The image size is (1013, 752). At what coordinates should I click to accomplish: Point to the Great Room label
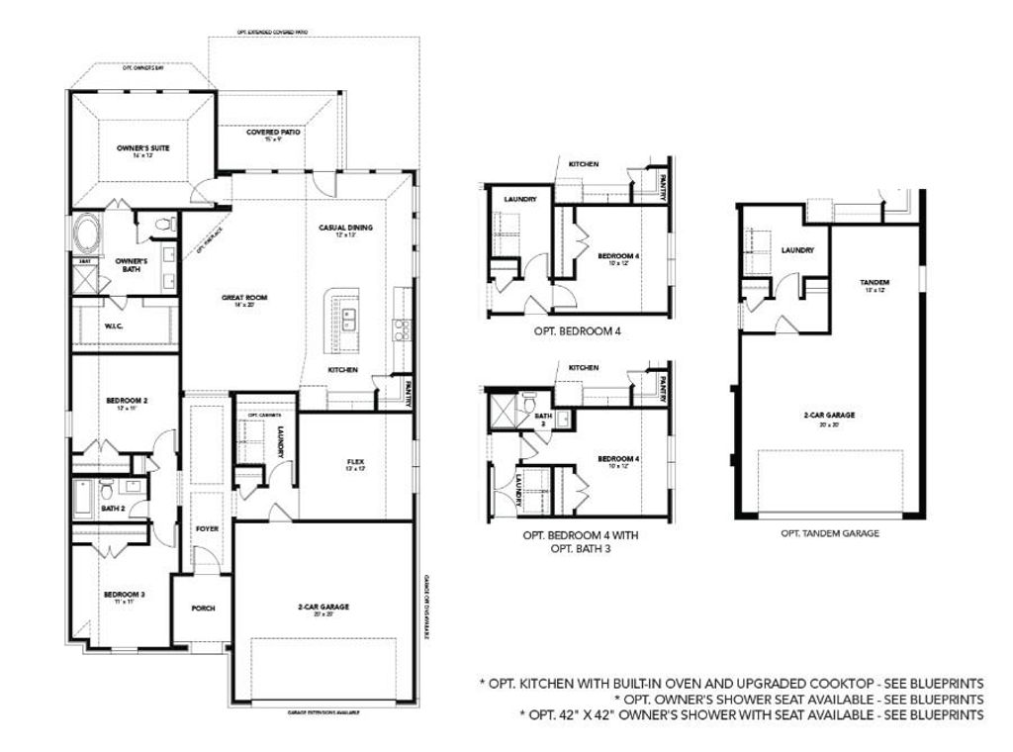243,300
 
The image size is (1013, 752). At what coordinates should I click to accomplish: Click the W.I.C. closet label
114,325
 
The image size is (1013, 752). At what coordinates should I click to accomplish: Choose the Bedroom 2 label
127,403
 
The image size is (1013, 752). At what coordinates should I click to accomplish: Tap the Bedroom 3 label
125,597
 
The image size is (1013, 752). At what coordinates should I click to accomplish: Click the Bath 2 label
113,509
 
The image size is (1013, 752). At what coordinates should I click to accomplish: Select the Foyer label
207,529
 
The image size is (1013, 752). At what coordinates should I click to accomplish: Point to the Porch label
203,608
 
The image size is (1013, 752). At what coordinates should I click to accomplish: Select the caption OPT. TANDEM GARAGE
829,532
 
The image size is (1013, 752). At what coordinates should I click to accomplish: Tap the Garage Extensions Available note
322,712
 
